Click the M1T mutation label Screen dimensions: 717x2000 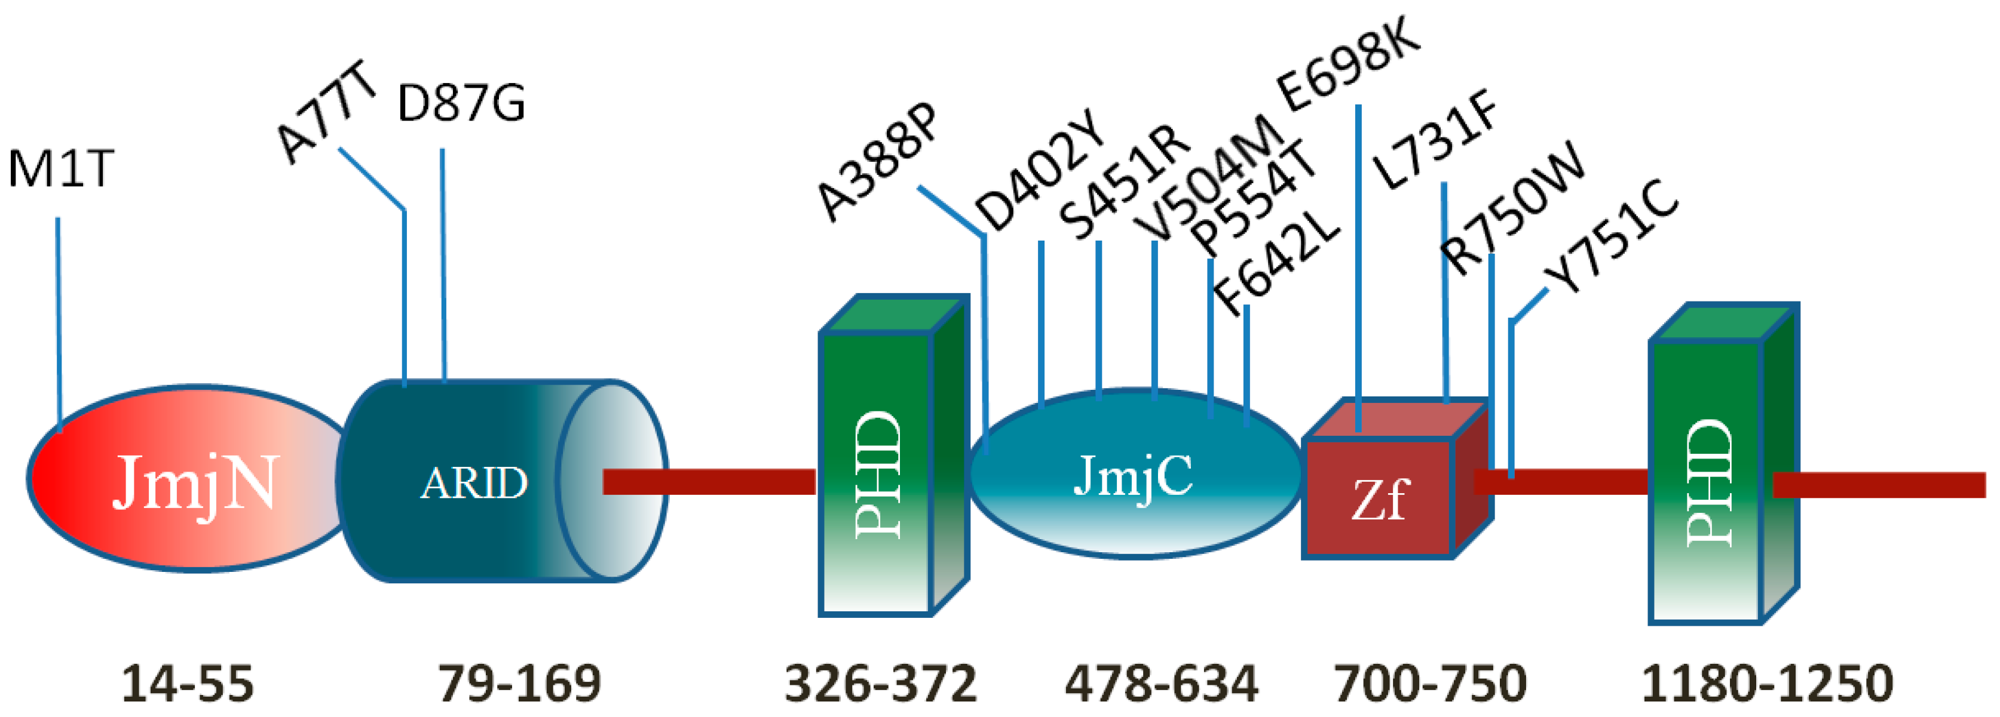coord(60,168)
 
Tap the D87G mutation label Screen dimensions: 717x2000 coord(461,104)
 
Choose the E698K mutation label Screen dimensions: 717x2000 coord(1349,64)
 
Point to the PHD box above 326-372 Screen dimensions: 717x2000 coord(877,473)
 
